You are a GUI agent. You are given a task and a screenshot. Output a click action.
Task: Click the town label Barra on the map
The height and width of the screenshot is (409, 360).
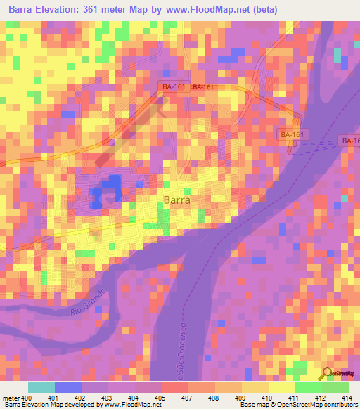(x=176, y=200)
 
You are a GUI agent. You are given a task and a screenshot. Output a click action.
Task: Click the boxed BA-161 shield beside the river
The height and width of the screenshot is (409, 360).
(x=292, y=134)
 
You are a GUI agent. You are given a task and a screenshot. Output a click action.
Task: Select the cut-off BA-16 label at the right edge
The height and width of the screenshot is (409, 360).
(x=350, y=141)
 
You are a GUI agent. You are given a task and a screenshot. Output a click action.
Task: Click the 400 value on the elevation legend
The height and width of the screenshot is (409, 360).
(x=27, y=398)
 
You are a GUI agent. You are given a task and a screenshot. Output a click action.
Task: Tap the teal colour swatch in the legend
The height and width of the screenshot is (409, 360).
(x=41, y=387)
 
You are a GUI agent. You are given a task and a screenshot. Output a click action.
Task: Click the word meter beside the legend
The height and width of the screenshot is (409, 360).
(x=11, y=398)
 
